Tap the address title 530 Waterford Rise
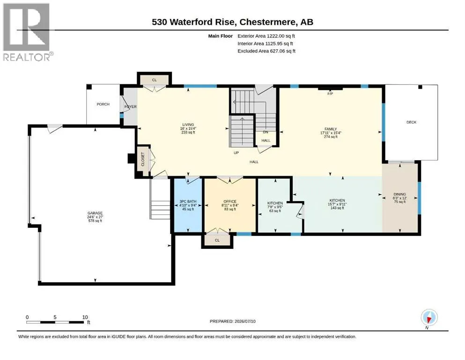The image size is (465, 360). click(x=194, y=22)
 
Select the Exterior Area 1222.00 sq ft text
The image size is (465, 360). click(x=266, y=36)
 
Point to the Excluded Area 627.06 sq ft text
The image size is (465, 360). click(x=266, y=51)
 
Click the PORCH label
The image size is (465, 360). click(x=103, y=104)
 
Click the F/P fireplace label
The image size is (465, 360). click(x=330, y=94)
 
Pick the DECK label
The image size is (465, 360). click(x=411, y=122)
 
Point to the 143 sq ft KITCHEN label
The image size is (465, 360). click(x=337, y=204)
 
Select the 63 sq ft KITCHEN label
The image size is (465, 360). click(x=275, y=207)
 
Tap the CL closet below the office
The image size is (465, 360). click(x=217, y=240)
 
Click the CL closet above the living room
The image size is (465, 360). click(x=154, y=80)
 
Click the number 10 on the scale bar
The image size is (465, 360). click(x=85, y=317)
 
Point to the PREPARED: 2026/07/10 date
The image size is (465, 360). click(x=232, y=321)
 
